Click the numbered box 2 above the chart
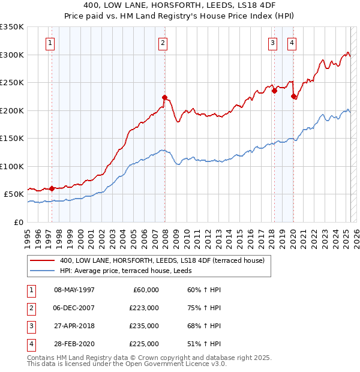163,43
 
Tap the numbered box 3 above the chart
272,43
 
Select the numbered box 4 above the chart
292,43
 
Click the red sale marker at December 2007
164,97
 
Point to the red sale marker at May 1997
52,188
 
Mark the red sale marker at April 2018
274,91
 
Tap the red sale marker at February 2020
294,96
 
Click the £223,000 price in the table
145,308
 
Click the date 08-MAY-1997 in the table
74,290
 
